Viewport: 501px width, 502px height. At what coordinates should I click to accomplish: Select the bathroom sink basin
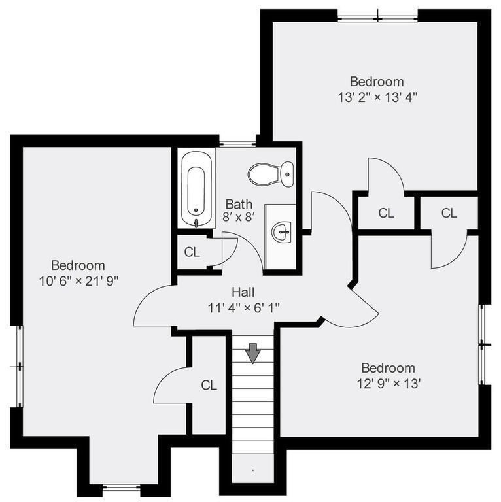pyautogui.click(x=282, y=231)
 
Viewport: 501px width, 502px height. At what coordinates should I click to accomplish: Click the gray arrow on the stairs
pyautogui.click(x=253, y=353)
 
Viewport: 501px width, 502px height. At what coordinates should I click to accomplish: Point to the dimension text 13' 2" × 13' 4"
pyautogui.click(x=377, y=97)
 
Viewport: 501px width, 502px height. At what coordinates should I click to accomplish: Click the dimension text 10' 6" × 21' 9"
pyautogui.click(x=78, y=280)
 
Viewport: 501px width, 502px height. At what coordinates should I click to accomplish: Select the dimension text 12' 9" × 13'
pyautogui.click(x=389, y=383)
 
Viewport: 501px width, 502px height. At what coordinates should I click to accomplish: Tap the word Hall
pyautogui.click(x=243, y=292)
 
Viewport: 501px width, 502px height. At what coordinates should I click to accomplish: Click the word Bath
pyautogui.click(x=239, y=204)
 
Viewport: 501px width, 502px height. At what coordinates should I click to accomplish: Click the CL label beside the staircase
pyautogui.click(x=209, y=386)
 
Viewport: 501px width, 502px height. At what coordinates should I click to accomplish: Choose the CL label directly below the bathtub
pyautogui.click(x=192, y=252)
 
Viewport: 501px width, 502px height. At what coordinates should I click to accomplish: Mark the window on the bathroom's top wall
pyautogui.click(x=237, y=143)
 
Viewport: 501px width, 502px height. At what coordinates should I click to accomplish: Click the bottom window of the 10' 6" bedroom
pyautogui.click(x=122, y=487)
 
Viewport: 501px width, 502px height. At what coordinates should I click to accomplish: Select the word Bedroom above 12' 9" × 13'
pyautogui.click(x=388, y=368)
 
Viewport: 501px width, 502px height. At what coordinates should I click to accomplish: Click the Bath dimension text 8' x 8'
pyautogui.click(x=239, y=218)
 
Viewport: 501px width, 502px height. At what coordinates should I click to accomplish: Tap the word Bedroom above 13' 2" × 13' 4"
pyautogui.click(x=377, y=82)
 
